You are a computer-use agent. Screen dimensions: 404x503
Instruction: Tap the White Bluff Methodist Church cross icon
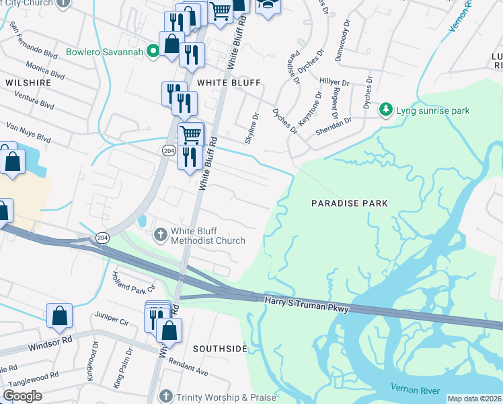[x=161, y=235]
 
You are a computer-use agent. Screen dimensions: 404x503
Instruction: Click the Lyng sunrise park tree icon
[x=386, y=110]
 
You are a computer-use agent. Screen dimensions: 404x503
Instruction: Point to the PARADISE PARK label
[x=350, y=203]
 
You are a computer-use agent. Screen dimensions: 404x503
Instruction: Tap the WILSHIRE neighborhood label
[x=28, y=82]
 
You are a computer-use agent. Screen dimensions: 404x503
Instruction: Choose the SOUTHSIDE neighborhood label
[x=220, y=349]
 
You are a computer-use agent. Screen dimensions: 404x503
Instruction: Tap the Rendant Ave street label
[x=188, y=369]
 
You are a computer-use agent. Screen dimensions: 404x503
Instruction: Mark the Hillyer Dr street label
[x=334, y=83]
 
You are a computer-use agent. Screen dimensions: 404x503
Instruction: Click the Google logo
[x=22, y=396]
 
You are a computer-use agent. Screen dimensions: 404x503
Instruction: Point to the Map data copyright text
[x=474, y=399]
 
